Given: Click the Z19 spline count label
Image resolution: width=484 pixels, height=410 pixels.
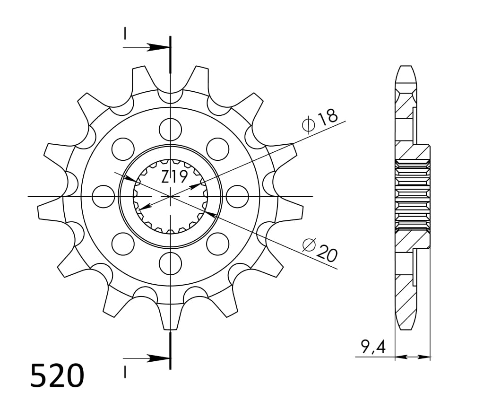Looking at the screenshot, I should pos(174,177).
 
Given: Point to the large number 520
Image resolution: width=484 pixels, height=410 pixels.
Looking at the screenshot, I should pos(57,376).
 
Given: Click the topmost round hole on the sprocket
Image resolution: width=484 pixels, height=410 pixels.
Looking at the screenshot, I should pos(170,129).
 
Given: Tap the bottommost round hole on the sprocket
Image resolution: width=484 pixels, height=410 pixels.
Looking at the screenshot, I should pos(170,263).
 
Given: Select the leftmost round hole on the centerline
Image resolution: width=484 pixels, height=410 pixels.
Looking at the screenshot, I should pos(103,196).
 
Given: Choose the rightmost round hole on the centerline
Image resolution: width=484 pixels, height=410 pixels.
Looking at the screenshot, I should pos(237,196).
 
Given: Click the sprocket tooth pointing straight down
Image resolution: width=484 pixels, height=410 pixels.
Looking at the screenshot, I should pos(170,317).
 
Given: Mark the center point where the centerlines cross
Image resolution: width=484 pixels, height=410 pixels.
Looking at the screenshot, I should pos(170,196).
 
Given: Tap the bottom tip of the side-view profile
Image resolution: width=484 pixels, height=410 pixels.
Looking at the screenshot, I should pos(406,328).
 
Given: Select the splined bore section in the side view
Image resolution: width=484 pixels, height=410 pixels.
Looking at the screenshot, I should pos(413,195).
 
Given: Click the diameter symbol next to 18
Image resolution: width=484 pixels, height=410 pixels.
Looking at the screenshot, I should pos(308,125).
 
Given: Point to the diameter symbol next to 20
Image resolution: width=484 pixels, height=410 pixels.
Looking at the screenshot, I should pos(309,245).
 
